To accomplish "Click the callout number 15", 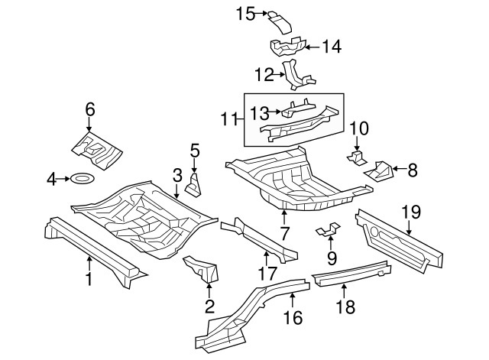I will point(244,13).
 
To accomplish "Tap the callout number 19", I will point(410,211).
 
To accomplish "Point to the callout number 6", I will point(90,110).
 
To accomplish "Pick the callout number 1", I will point(89,279).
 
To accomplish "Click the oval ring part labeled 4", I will point(82,179).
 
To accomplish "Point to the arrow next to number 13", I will point(277,112).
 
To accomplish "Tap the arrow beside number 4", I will point(64,179).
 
